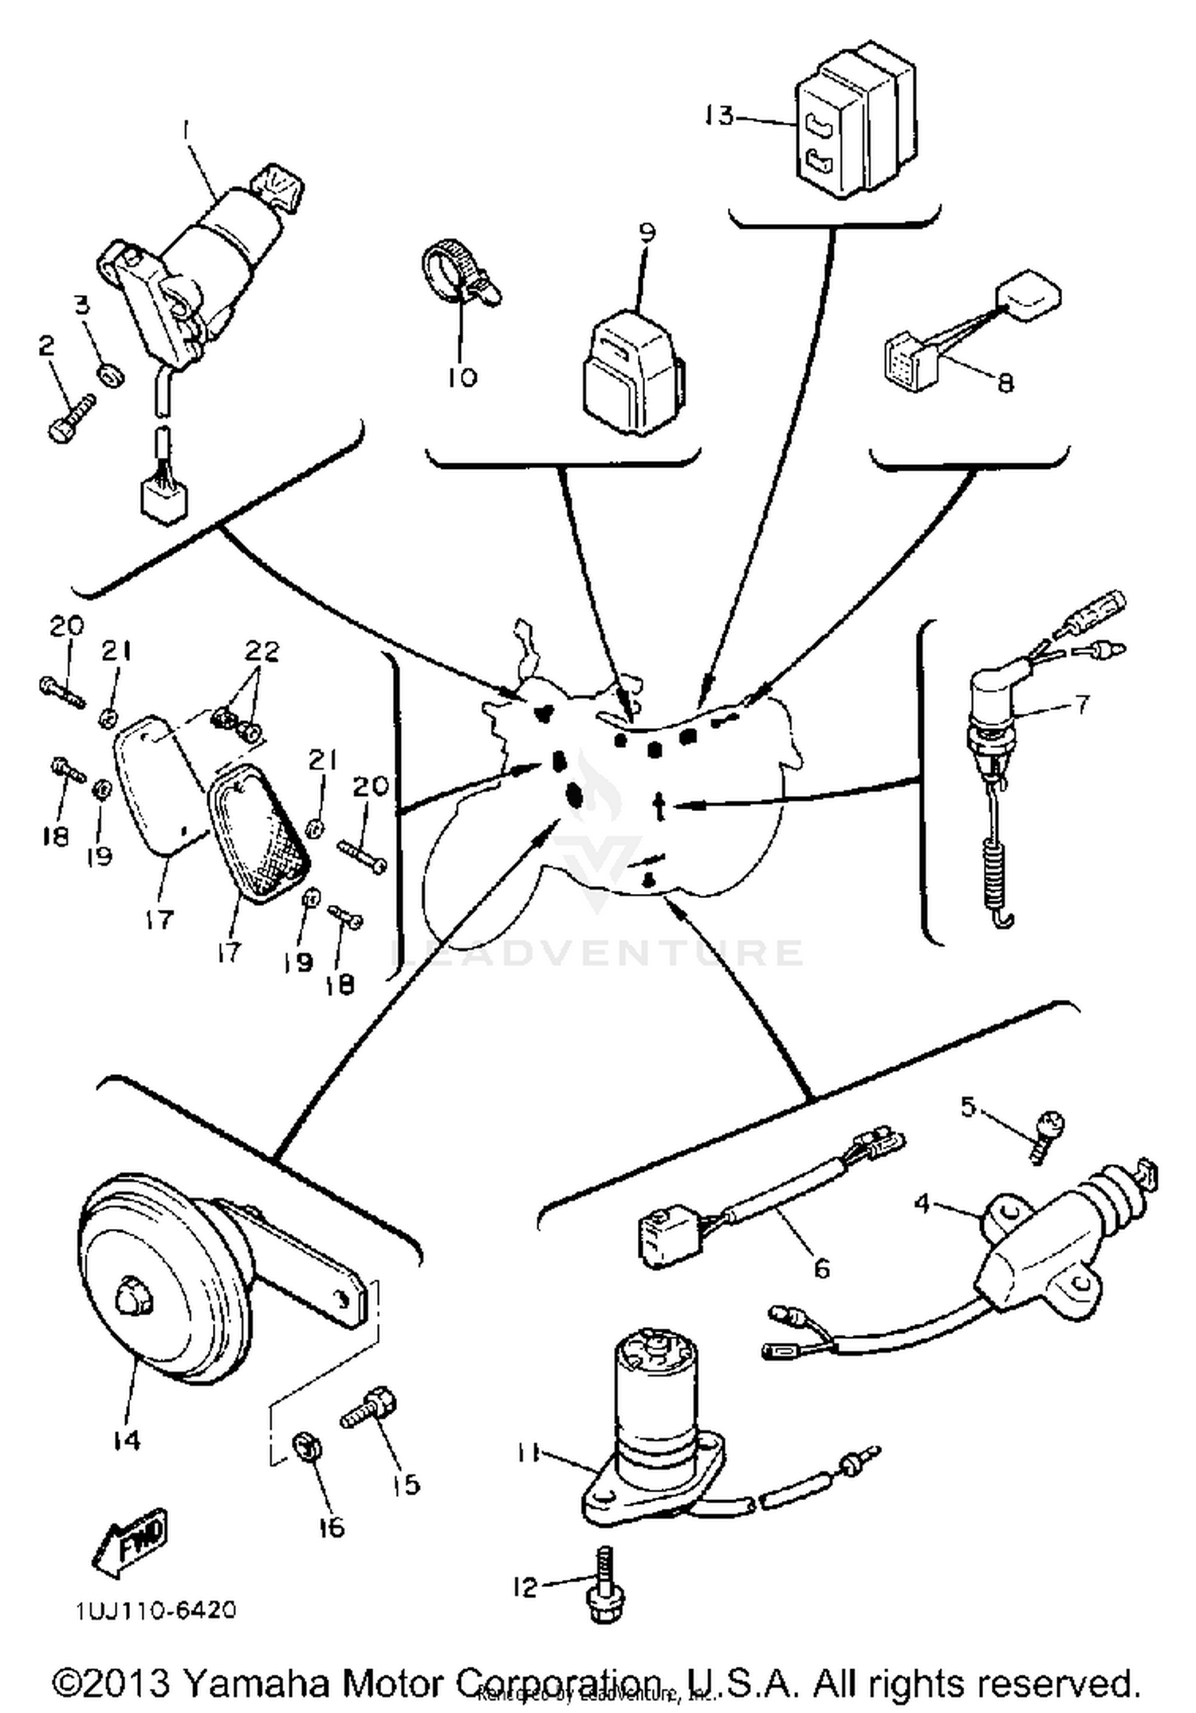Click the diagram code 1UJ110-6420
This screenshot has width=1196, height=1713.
click(x=156, y=1610)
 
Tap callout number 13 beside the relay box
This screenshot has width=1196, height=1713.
click(x=718, y=116)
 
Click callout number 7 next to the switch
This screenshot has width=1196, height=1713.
click(x=1081, y=704)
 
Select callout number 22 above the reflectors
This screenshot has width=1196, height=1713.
click(x=262, y=652)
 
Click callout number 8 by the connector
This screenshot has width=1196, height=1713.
click(x=1005, y=383)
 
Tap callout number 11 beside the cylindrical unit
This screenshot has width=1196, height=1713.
click(x=527, y=1453)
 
